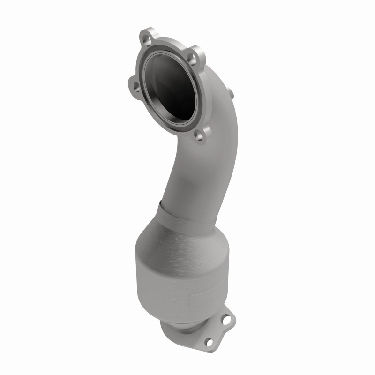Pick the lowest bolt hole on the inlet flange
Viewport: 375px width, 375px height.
coord(200,136)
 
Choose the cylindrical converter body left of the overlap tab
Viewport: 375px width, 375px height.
coord(159,286)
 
